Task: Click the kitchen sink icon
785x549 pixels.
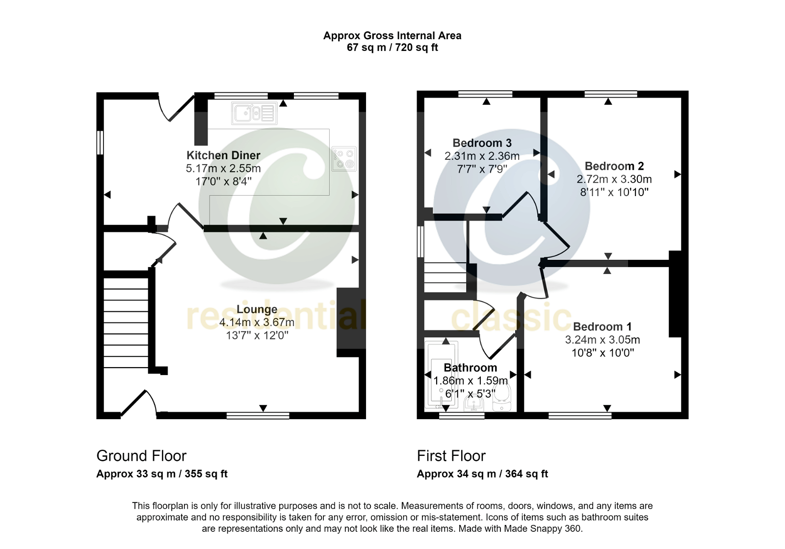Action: (254, 113)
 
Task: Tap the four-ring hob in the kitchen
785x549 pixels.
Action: (344, 159)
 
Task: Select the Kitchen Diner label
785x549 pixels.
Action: (223, 155)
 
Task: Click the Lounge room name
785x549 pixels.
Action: (257, 309)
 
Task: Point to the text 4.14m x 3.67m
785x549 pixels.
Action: (257, 323)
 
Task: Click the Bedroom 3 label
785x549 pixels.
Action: (482, 143)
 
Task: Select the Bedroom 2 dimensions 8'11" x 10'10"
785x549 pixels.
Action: (614, 192)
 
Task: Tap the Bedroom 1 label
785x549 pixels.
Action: (602, 326)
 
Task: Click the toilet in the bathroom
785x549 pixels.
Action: (501, 397)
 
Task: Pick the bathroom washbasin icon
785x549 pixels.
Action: (474, 403)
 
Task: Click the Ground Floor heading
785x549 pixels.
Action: (141, 456)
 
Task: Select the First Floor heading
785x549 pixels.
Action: (451, 456)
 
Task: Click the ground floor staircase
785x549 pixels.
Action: (126, 323)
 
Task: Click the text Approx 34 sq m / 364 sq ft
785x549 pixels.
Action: (482, 474)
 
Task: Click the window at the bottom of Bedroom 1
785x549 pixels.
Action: (580, 416)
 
